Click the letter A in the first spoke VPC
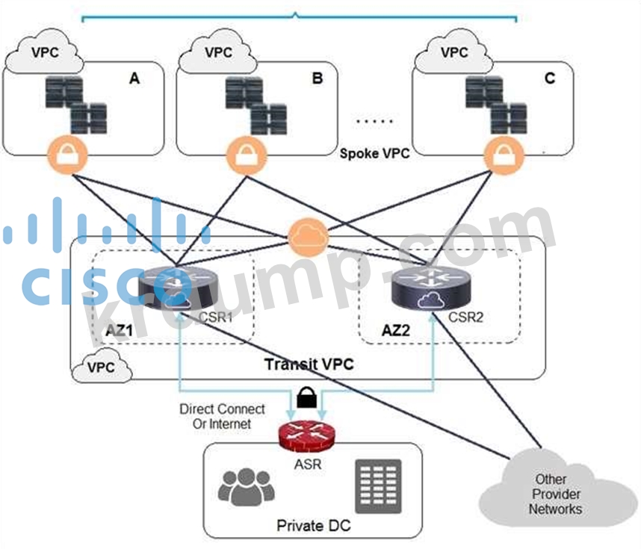point(134,78)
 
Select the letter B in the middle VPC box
point(317,78)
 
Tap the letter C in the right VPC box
point(550,78)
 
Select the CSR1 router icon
point(170,288)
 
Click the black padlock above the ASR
point(305,397)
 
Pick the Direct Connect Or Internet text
point(222,417)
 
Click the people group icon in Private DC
point(245,487)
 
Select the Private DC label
point(313,526)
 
